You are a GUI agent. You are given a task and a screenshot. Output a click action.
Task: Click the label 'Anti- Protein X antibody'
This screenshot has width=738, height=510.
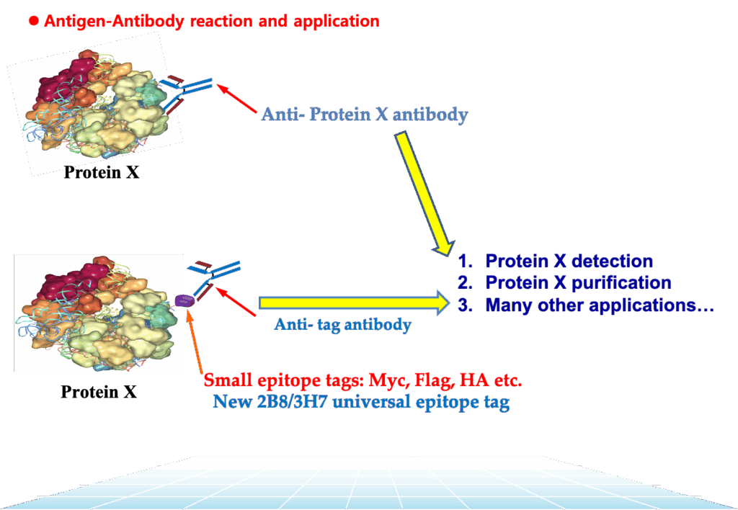tap(365, 114)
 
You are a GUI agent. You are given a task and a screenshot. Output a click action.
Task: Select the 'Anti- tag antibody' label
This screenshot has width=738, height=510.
tap(342, 325)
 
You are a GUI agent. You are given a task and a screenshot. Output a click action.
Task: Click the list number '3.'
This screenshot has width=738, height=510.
tap(465, 305)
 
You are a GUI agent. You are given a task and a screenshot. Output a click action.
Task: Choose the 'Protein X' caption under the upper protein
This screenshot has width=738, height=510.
tap(102, 172)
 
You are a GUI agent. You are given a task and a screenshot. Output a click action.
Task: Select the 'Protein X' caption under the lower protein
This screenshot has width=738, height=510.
tap(99, 392)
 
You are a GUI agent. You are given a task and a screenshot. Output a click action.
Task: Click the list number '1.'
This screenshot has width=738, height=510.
tap(465, 261)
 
